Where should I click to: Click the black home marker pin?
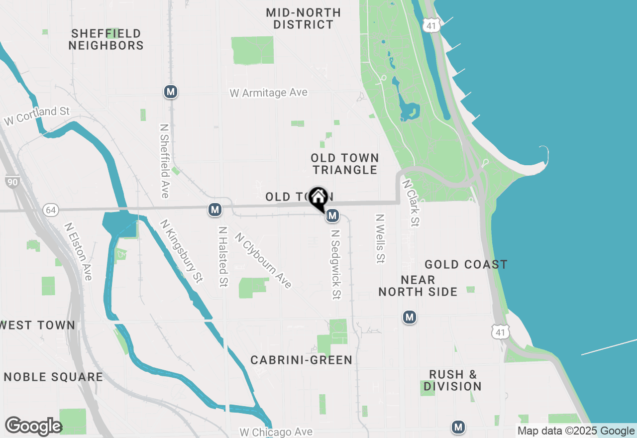[318, 198]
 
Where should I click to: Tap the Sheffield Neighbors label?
[106, 39]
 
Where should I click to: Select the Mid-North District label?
[303, 18]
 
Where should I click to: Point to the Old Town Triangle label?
[345, 164]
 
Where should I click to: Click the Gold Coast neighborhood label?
[466, 264]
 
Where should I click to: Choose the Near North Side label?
[418, 286]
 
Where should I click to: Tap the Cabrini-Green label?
[301, 360]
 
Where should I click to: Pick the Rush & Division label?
[452, 380]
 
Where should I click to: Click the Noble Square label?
[53, 377]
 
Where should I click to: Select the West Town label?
[38, 326]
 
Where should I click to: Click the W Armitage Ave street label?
[268, 93]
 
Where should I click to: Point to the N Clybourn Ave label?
[263, 260]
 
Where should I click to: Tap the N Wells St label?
[381, 238]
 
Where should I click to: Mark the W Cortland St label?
[37, 115]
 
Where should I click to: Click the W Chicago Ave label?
[276, 432]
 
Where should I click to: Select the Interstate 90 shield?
[12, 182]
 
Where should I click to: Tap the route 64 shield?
[50, 210]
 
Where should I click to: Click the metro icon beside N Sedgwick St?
[333, 216]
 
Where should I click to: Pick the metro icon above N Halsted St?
[215, 210]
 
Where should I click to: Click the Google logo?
[33, 427]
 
